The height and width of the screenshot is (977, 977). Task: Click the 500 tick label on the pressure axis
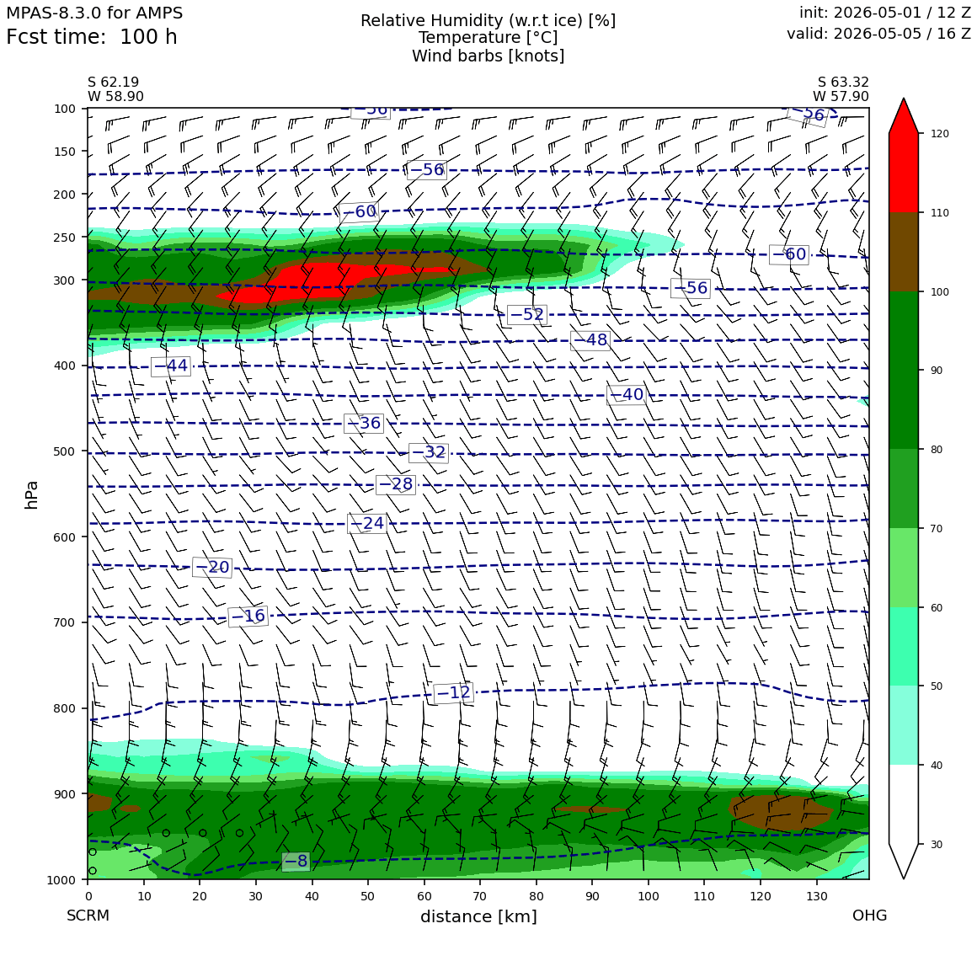coord(64,451)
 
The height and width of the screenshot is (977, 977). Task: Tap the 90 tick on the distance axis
coord(592,896)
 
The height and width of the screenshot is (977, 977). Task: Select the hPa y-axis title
coord(31,494)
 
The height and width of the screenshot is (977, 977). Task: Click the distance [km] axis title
coord(478,916)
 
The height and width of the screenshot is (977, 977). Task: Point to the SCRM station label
coord(88,916)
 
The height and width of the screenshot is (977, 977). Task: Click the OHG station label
coord(870,916)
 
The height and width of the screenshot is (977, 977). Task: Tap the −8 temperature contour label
coord(296,861)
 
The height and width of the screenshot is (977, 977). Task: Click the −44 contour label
coord(171,366)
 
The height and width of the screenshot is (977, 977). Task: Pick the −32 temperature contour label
coord(429,451)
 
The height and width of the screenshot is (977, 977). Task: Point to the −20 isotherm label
coord(212,567)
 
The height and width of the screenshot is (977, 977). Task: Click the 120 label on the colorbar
coord(940,133)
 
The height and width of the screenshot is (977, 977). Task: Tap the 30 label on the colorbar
coord(937,844)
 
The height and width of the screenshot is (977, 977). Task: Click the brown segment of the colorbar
coord(904,252)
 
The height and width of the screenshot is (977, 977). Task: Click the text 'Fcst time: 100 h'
coord(92,37)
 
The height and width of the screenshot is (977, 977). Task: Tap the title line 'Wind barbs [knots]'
coord(488,56)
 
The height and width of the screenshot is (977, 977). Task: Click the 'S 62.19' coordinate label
coord(114,82)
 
